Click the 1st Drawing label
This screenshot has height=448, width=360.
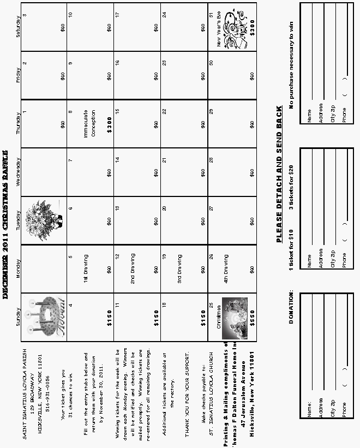click(86, 270)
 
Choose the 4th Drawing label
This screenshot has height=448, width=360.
click(226, 270)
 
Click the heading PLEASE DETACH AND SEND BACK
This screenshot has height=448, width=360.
click(279, 174)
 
